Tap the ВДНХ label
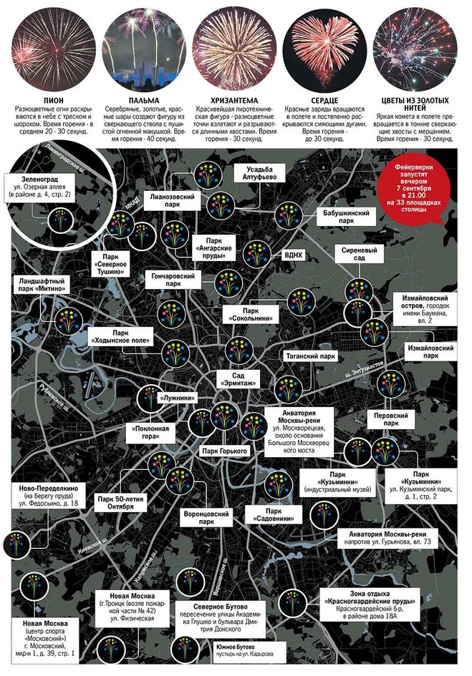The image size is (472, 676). coord(293,254)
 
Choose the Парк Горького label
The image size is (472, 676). coord(224,451)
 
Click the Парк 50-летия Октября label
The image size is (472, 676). coord(115,503)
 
